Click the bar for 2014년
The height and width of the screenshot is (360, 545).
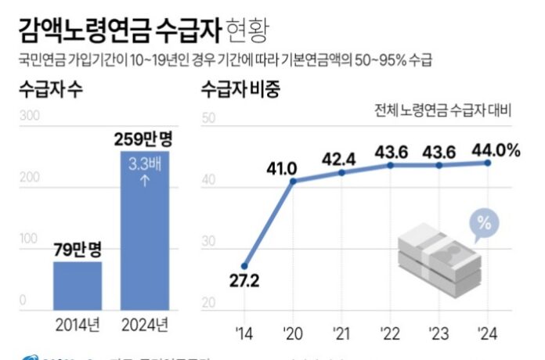(78, 285)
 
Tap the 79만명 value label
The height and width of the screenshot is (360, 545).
(78, 251)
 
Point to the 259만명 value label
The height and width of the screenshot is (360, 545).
(144, 140)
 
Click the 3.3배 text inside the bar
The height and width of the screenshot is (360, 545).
(144, 165)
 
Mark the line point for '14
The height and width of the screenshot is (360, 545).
(244, 266)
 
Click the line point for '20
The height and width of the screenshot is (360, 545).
(294, 181)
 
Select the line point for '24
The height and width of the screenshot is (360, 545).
(488, 163)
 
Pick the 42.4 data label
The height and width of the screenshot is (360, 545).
(339, 159)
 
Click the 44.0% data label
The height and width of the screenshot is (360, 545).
(495, 149)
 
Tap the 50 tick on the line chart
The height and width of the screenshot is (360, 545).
(209, 120)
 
